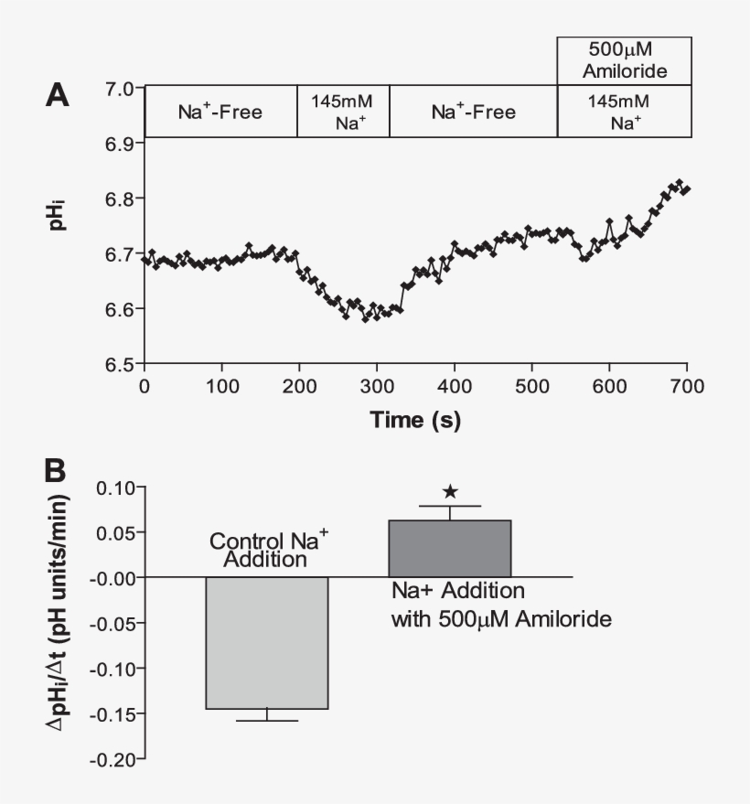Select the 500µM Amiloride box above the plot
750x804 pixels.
pyautogui.click(x=624, y=61)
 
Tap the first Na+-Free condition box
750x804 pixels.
pyautogui.click(x=220, y=113)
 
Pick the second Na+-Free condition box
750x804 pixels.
pyautogui.click(x=473, y=113)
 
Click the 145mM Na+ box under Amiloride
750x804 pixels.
pyautogui.click(x=624, y=112)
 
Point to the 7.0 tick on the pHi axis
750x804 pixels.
pyautogui.click(x=119, y=89)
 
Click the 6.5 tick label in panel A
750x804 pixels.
pyautogui.click(x=119, y=364)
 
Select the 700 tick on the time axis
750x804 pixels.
pyautogui.click(x=686, y=386)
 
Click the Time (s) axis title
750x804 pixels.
pyautogui.click(x=414, y=421)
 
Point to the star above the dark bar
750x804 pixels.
pyautogui.click(x=450, y=492)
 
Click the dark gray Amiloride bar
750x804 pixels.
pyautogui.click(x=450, y=548)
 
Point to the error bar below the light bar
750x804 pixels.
pyautogui.click(x=266, y=715)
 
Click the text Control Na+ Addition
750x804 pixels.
pyautogui.click(x=266, y=549)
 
